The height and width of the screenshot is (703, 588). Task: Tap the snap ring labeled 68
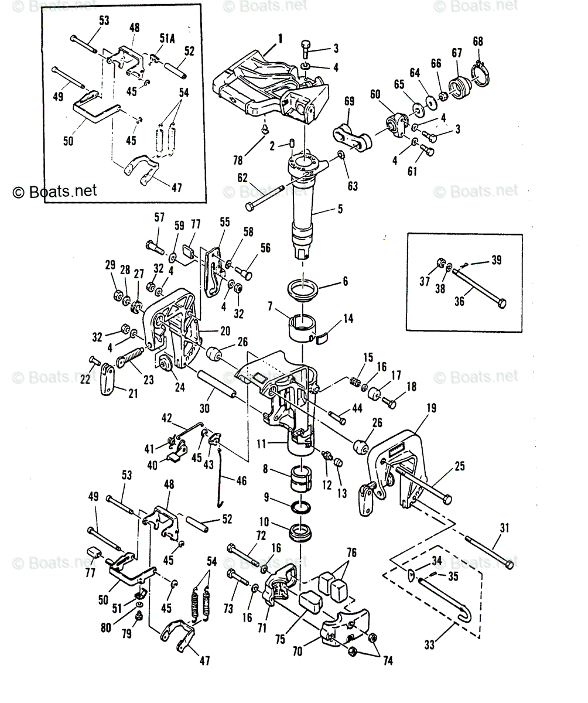point(481,74)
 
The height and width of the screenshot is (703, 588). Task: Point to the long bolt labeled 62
point(266,198)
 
